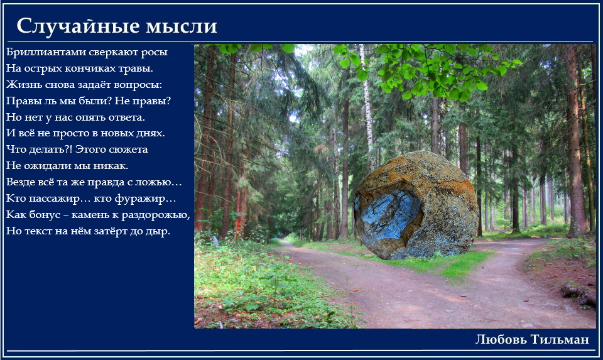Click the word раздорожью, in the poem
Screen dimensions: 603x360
[156, 215]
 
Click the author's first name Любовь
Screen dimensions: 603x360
[501, 339]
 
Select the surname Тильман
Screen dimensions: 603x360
[560, 339]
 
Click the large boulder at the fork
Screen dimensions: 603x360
[416, 206]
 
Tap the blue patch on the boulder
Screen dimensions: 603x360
[388, 215]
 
